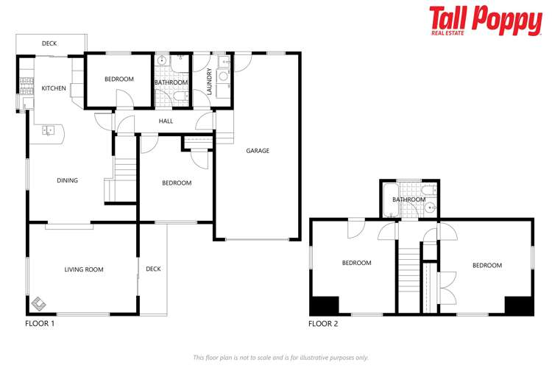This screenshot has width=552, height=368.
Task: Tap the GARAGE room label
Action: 258,151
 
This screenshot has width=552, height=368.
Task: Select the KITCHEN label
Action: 54,88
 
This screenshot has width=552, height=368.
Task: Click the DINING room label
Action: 67,180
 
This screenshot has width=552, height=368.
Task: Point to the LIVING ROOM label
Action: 84,269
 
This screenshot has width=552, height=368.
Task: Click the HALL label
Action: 166,121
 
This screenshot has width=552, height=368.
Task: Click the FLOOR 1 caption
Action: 40,323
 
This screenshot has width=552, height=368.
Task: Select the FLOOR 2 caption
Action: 323,323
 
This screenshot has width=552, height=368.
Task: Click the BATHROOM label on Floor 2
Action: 408,199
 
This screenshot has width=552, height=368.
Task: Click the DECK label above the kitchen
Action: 49,44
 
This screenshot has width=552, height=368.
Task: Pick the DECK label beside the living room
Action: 153,269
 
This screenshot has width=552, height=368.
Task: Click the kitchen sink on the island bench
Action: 49,131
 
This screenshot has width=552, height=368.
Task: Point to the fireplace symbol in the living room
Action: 39,302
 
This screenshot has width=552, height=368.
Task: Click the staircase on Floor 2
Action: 408,272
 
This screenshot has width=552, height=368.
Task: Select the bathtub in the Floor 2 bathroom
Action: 389,199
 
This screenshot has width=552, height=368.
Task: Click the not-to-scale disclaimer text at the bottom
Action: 280,357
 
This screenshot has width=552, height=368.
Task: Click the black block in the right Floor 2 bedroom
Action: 518,305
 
